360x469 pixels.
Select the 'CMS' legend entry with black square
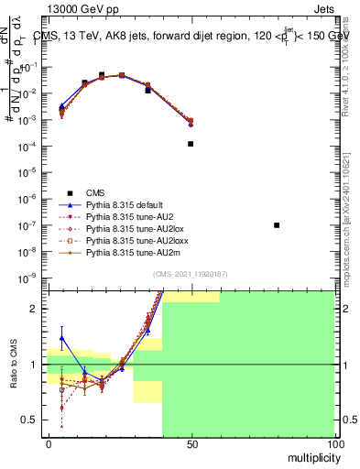click(95, 192)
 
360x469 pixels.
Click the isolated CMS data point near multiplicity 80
click(277, 225)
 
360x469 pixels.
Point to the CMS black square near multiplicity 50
click(191, 144)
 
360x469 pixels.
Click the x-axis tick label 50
click(191, 443)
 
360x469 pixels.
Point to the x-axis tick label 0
click(49, 443)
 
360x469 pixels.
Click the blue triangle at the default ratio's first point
click(61, 338)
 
